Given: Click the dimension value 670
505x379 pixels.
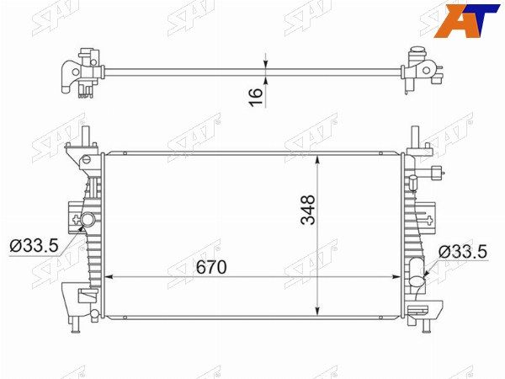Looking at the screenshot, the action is click(211, 267).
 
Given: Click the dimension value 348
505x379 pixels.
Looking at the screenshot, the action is click(308, 210).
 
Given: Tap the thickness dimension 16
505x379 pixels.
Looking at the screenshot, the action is click(256, 97).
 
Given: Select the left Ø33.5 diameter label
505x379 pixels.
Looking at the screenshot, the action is click(35, 246).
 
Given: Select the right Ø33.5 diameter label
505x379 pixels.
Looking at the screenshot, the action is click(463, 251).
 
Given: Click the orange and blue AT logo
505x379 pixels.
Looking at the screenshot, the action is click(466, 19).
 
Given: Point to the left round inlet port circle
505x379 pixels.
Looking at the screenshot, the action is click(88, 220).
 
